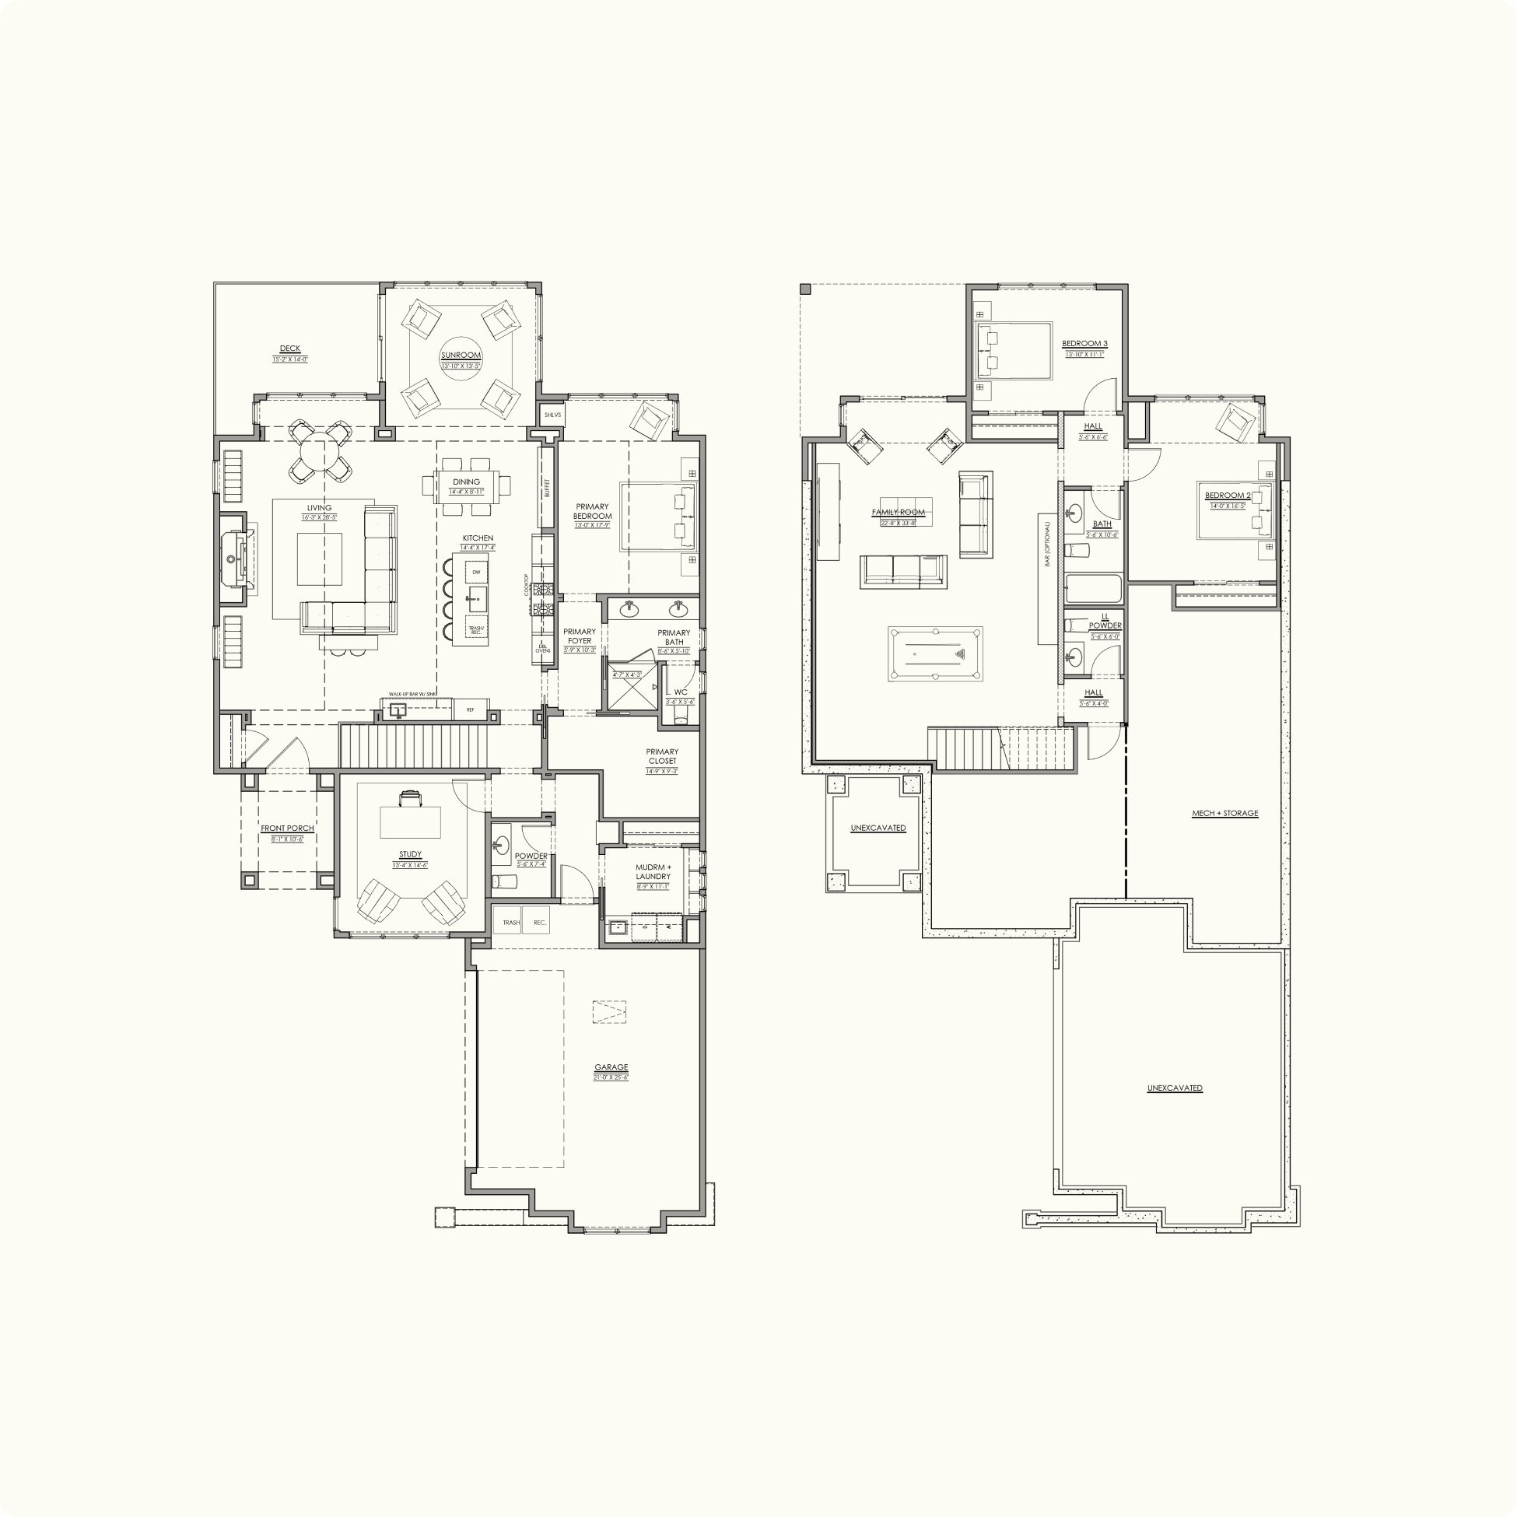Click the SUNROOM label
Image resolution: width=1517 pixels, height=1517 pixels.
point(460,356)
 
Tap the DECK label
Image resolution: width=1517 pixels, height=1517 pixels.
point(289,349)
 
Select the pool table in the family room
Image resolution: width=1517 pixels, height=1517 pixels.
point(935,654)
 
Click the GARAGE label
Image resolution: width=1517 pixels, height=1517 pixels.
point(611,1067)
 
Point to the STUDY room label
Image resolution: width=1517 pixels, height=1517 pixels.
point(410,854)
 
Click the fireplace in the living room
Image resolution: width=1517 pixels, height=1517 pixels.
point(233,559)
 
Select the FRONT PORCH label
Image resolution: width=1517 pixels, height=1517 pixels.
point(287,829)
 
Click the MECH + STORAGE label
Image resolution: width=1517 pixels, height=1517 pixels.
point(1224,814)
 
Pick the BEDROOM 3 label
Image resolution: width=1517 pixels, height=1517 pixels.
point(1084,344)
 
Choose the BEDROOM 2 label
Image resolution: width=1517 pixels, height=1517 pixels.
point(1228,496)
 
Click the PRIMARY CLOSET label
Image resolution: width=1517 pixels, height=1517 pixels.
point(662,756)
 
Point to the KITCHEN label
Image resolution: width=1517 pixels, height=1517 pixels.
point(478,538)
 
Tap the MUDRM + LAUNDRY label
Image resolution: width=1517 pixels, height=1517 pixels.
point(653,871)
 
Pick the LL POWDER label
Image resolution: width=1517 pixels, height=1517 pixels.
point(1105,621)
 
